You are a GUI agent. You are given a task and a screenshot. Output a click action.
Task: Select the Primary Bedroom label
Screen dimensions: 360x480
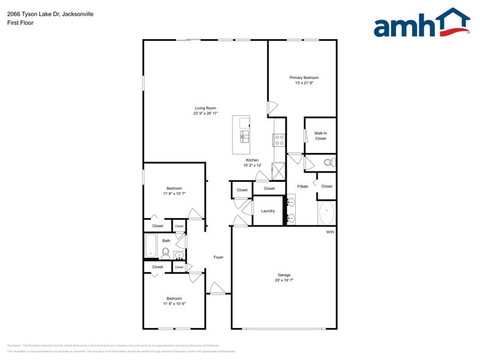pyautogui.click(x=304, y=78)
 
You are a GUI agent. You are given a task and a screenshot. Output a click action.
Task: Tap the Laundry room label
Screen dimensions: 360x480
pyautogui.click(x=268, y=211)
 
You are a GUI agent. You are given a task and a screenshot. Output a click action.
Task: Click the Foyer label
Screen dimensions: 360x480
pyautogui.click(x=218, y=257)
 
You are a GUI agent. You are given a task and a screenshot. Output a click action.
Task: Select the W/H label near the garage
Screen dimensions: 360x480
pyautogui.click(x=329, y=231)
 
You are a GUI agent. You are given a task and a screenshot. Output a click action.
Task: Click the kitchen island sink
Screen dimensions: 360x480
pyautogui.click(x=244, y=135)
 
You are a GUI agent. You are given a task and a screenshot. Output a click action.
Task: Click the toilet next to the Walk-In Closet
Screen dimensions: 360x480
pyautogui.click(x=329, y=162)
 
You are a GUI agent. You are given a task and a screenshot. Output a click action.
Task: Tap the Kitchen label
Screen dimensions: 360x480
pyautogui.click(x=252, y=160)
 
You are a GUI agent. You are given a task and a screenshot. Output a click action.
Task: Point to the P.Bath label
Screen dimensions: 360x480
pyautogui.click(x=302, y=186)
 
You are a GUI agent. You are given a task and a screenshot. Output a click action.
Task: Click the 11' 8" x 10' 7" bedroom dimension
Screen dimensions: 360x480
pyautogui.click(x=174, y=193)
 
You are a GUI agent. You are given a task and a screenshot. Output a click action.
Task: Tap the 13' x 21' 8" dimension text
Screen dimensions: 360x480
pyautogui.click(x=304, y=83)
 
